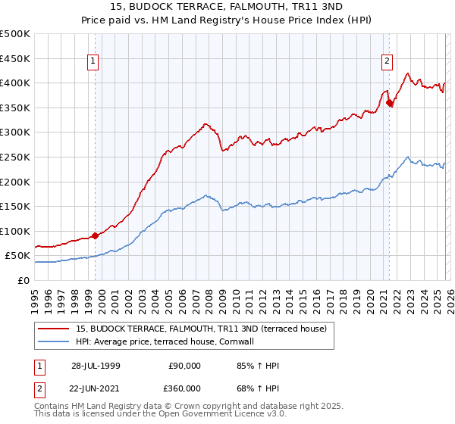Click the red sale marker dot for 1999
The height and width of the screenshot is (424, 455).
[x=96, y=235]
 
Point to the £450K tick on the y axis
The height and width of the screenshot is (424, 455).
[x=15, y=58]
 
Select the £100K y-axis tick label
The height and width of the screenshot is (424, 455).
[x=15, y=231]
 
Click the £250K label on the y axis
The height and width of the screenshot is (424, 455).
[x=15, y=157]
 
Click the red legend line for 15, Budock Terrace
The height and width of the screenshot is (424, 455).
[x=55, y=329]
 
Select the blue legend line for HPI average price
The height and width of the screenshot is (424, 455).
[x=55, y=341]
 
